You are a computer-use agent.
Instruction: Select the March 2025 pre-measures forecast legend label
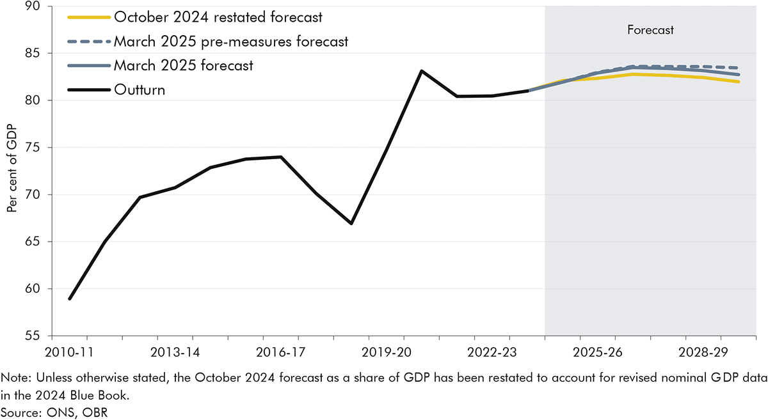pos(230,42)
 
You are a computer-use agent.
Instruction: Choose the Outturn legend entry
pos(140,89)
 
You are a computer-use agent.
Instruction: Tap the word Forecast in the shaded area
pos(651,29)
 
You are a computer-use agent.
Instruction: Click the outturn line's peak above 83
pos(421,70)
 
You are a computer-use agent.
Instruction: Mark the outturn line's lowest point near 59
pos(70,299)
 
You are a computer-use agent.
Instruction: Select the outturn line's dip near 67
pos(351,223)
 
